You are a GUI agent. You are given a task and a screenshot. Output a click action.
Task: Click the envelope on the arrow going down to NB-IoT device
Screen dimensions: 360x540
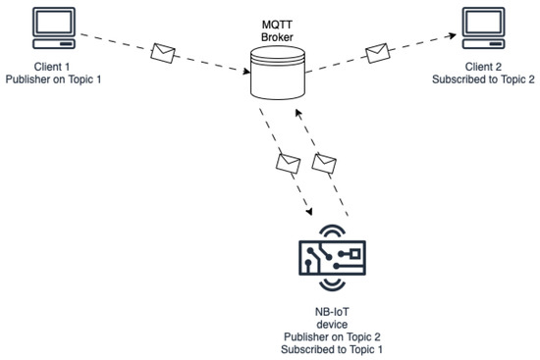point(287,162)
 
